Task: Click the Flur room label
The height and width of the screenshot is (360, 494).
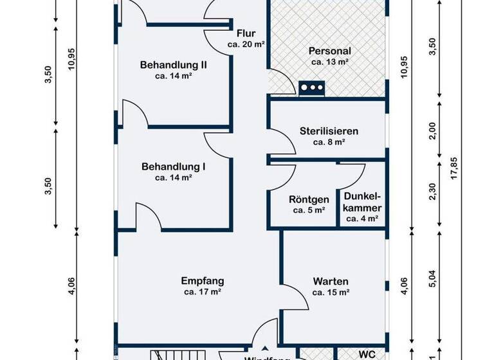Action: [x=246, y=33]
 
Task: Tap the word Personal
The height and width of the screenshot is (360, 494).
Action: [x=329, y=51]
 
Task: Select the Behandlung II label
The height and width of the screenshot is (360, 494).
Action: [x=173, y=64]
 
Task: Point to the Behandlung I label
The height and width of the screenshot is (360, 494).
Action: [x=173, y=166]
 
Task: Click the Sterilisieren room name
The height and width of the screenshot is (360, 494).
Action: [x=329, y=130]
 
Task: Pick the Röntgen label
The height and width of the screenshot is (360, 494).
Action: [x=309, y=199]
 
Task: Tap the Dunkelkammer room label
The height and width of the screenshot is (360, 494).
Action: [x=362, y=203]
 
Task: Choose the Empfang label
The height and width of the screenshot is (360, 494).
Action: [x=202, y=280]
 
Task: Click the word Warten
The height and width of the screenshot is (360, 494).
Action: [x=331, y=281]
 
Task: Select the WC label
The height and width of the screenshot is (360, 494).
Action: [x=367, y=354]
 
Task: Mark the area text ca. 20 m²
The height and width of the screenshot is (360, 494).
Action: [x=246, y=44]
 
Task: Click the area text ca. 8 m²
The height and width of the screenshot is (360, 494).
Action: [x=329, y=142]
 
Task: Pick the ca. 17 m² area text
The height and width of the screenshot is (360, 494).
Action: [x=202, y=292]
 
